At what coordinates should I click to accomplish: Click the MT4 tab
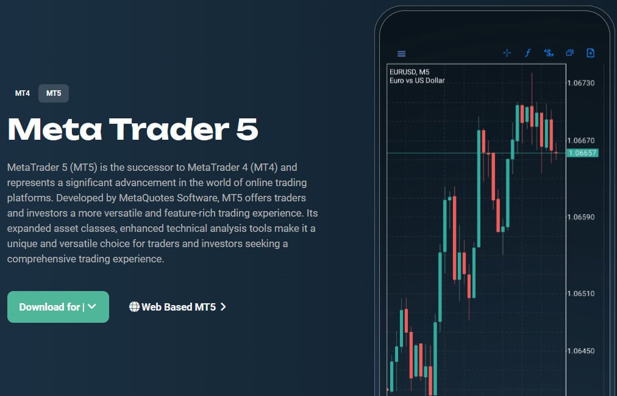23,93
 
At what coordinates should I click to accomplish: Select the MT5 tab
54,93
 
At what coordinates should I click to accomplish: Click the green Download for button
58,307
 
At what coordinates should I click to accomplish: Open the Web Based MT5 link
178,307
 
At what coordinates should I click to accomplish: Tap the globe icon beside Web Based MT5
134,307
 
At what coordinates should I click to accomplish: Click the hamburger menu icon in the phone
401,54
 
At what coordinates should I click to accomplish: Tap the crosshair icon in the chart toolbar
507,53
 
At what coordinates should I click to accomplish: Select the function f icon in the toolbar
527,53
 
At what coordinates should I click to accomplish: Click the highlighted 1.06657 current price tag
582,153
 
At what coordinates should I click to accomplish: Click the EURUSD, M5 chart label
409,72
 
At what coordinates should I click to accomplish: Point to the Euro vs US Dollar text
417,81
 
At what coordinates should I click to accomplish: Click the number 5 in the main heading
247,129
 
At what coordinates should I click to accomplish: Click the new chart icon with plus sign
590,53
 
